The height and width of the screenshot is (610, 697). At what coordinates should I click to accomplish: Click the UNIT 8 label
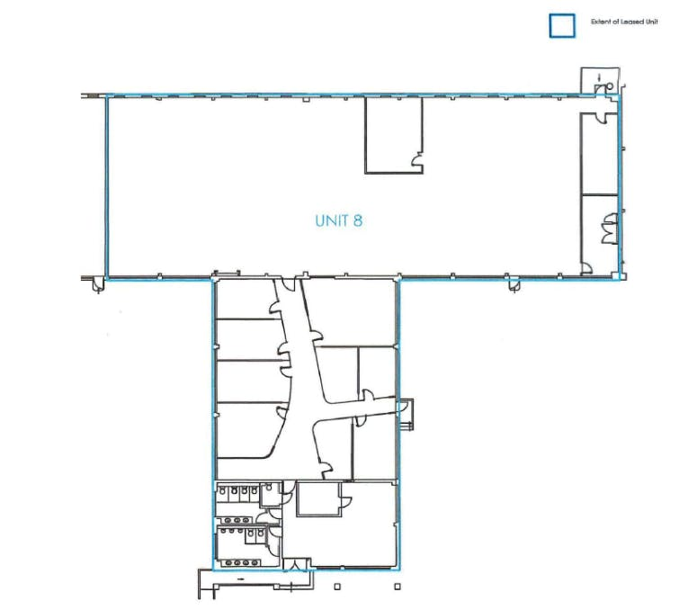click(x=339, y=220)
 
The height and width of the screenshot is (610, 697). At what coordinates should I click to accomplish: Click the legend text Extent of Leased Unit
click(x=624, y=22)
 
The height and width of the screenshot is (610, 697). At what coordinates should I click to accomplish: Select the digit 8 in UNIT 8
click(x=358, y=220)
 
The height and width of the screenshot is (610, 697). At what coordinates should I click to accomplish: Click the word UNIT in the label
click(x=332, y=220)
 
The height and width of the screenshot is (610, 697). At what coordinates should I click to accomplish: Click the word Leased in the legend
click(x=631, y=22)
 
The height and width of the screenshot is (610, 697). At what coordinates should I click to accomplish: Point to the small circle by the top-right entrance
click(x=610, y=85)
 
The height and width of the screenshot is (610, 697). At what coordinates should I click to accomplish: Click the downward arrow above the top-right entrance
click(x=599, y=77)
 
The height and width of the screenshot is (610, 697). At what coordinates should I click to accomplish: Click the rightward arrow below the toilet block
click(x=240, y=579)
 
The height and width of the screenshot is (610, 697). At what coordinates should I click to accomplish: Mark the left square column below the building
click(x=337, y=587)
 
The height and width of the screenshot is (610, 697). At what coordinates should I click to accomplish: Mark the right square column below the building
click(x=398, y=587)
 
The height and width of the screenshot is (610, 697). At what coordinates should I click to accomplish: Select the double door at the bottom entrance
click(x=294, y=564)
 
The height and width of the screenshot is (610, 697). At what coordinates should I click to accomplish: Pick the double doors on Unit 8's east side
click(x=609, y=229)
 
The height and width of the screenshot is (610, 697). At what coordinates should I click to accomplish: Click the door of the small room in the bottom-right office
click(x=345, y=500)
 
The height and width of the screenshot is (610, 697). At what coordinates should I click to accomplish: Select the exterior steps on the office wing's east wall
click(x=407, y=415)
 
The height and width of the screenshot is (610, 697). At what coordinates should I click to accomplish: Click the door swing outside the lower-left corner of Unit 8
click(x=98, y=285)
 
